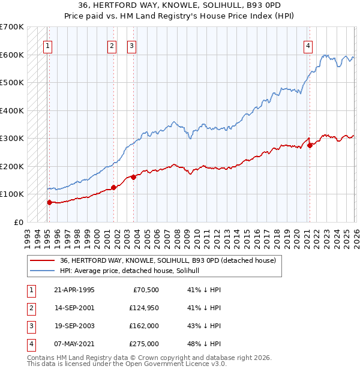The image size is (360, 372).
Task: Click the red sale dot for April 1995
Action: [50, 202]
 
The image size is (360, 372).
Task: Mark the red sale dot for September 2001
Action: [113, 187]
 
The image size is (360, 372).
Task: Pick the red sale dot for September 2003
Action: [133, 177]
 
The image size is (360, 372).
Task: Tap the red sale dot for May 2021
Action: [310, 145]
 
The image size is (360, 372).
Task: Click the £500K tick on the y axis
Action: [12, 82]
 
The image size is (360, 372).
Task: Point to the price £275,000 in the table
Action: [145, 344]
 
